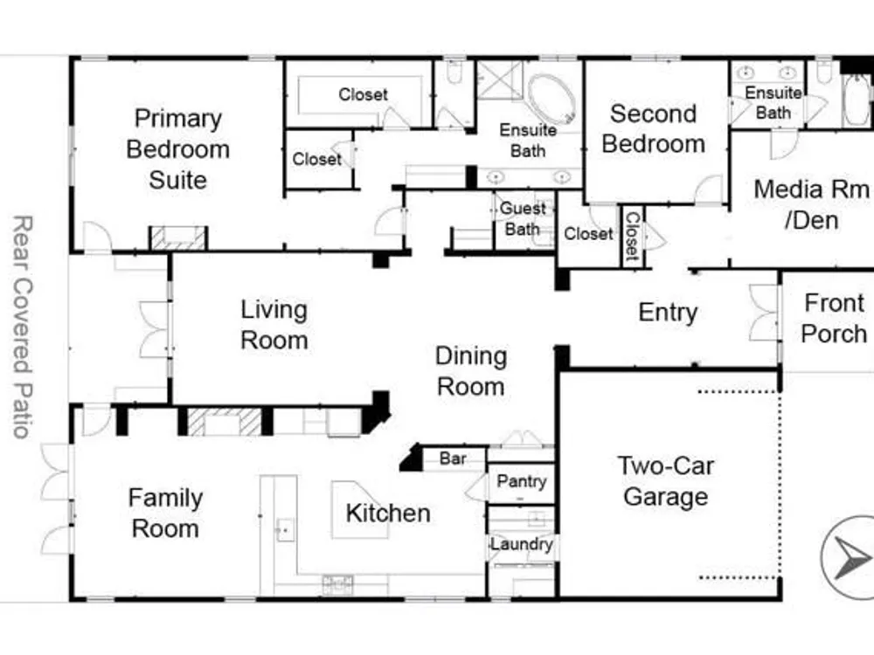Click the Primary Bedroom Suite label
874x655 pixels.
(x=177, y=149)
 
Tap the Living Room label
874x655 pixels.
(x=274, y=325)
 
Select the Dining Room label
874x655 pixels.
(x=471, y=371)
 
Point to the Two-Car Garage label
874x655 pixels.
(x=665, y=481)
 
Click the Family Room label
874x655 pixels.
(x=165, y=513)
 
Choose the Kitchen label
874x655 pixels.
(x=388, y=513)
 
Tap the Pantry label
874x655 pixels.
(x=521, y=481)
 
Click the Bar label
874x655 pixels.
(x=453, y=458)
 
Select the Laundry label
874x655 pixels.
(x=522, y=544)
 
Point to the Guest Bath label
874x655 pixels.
(x=523, y=218)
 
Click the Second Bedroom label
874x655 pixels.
(x=653, y=128)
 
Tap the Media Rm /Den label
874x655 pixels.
(x=812, y=204)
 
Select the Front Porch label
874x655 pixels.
(x=834, y=319)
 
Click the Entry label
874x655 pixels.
(x=668, y=313)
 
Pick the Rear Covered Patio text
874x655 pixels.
(x=23, y=327)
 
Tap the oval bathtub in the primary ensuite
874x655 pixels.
(x=551, y=100)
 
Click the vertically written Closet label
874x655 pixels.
(x=633, y=236)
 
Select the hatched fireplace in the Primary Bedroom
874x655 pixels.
(x=178, y=238)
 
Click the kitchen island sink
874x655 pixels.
(x=285, y=529)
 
